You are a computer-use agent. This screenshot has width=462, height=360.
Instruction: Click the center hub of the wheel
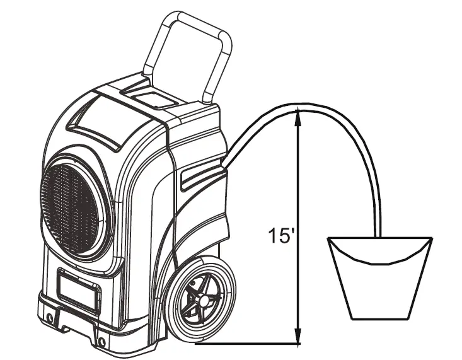tap(204, 302)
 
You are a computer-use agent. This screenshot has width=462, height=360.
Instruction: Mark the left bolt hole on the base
tap(49, 314)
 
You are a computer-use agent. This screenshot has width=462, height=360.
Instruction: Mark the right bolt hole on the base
tap(101, 342)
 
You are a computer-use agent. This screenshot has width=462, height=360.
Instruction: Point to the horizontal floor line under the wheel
tap(246, 344)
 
